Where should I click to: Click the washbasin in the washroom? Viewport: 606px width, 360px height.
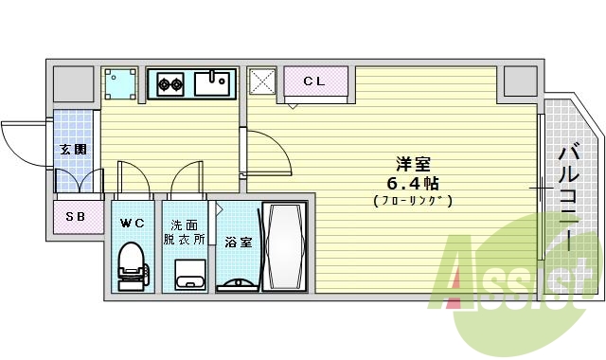point(189,278)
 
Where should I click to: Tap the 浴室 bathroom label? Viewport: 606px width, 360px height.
point(238,243)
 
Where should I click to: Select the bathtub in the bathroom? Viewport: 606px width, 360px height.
point(284,245)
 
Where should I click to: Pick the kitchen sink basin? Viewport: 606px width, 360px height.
point(212,83)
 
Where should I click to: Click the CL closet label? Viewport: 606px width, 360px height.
point(314,81)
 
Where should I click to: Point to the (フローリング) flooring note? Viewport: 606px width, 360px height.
point(411,200)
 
